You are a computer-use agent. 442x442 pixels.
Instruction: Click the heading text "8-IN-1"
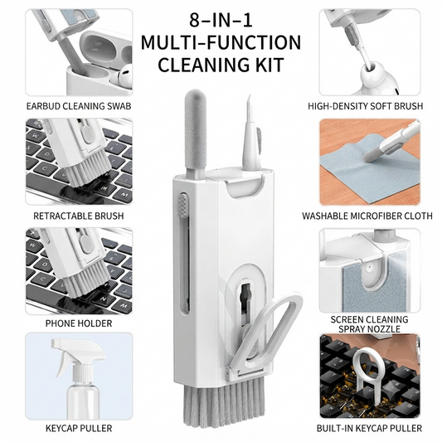221,20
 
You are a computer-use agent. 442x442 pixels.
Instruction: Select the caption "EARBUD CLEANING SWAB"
79,106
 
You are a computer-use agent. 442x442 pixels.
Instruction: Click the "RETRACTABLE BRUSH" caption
79,216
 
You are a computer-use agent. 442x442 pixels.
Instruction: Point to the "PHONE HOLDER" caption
79,323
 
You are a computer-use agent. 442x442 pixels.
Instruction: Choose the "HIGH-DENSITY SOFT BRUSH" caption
366,106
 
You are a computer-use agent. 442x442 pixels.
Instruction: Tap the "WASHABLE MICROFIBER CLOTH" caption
367,216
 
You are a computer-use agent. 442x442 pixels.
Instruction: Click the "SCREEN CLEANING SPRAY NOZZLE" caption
369,324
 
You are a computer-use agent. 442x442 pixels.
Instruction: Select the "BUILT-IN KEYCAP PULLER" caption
369,428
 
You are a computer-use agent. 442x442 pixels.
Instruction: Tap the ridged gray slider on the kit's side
183,207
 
